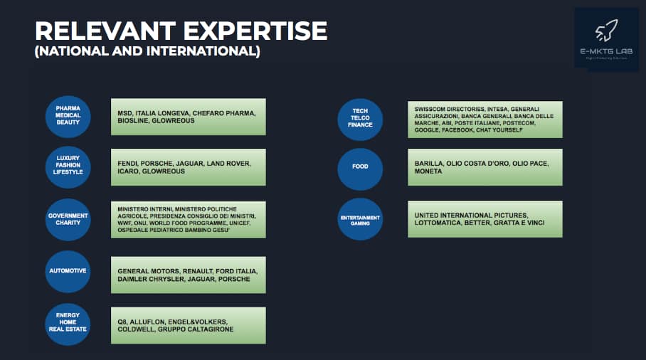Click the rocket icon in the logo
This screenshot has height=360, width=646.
(x=607, y=30)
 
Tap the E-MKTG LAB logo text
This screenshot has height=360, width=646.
(x=606, y=52)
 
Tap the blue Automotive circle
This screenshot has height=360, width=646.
(x=68, y=271)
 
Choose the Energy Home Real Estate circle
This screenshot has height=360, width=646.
(x=68, y=322)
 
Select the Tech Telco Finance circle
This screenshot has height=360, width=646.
(x=360, y=119)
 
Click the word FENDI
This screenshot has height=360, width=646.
(x=129, y=164)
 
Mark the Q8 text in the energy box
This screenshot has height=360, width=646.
(x=122, y=321)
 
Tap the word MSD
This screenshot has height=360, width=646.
(x=126, y=113)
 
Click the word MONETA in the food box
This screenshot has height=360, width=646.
(x=429, y=171)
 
